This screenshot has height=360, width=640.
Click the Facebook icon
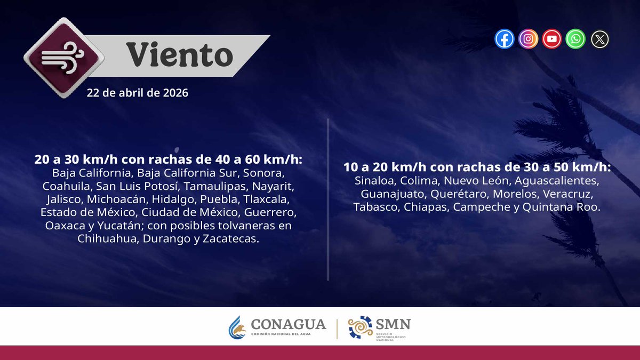[x=504, y=39]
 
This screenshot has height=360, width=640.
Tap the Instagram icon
[x=528, y=39]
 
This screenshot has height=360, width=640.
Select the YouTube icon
[x=552, y=39]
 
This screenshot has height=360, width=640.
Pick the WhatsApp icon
[x=575, y=39]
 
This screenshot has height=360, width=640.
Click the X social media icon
[x=599, y=39]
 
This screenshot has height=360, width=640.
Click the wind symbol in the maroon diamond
[x=63, y=58]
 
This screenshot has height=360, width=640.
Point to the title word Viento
[x=179, y=55]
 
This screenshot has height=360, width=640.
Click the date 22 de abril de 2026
[x=138, y=93]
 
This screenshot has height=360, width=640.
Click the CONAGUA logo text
[x=288, y=324]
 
